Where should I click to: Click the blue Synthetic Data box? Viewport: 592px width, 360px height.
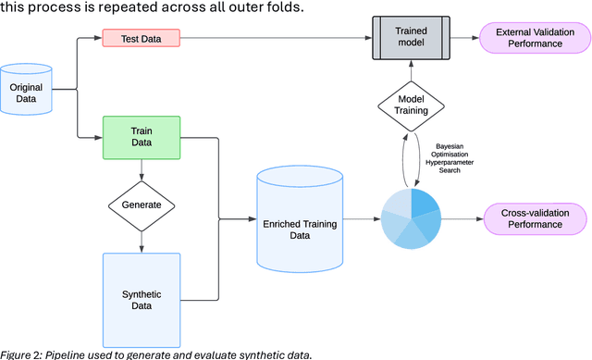point(142,299)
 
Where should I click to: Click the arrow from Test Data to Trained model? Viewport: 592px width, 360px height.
point(277,39)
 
